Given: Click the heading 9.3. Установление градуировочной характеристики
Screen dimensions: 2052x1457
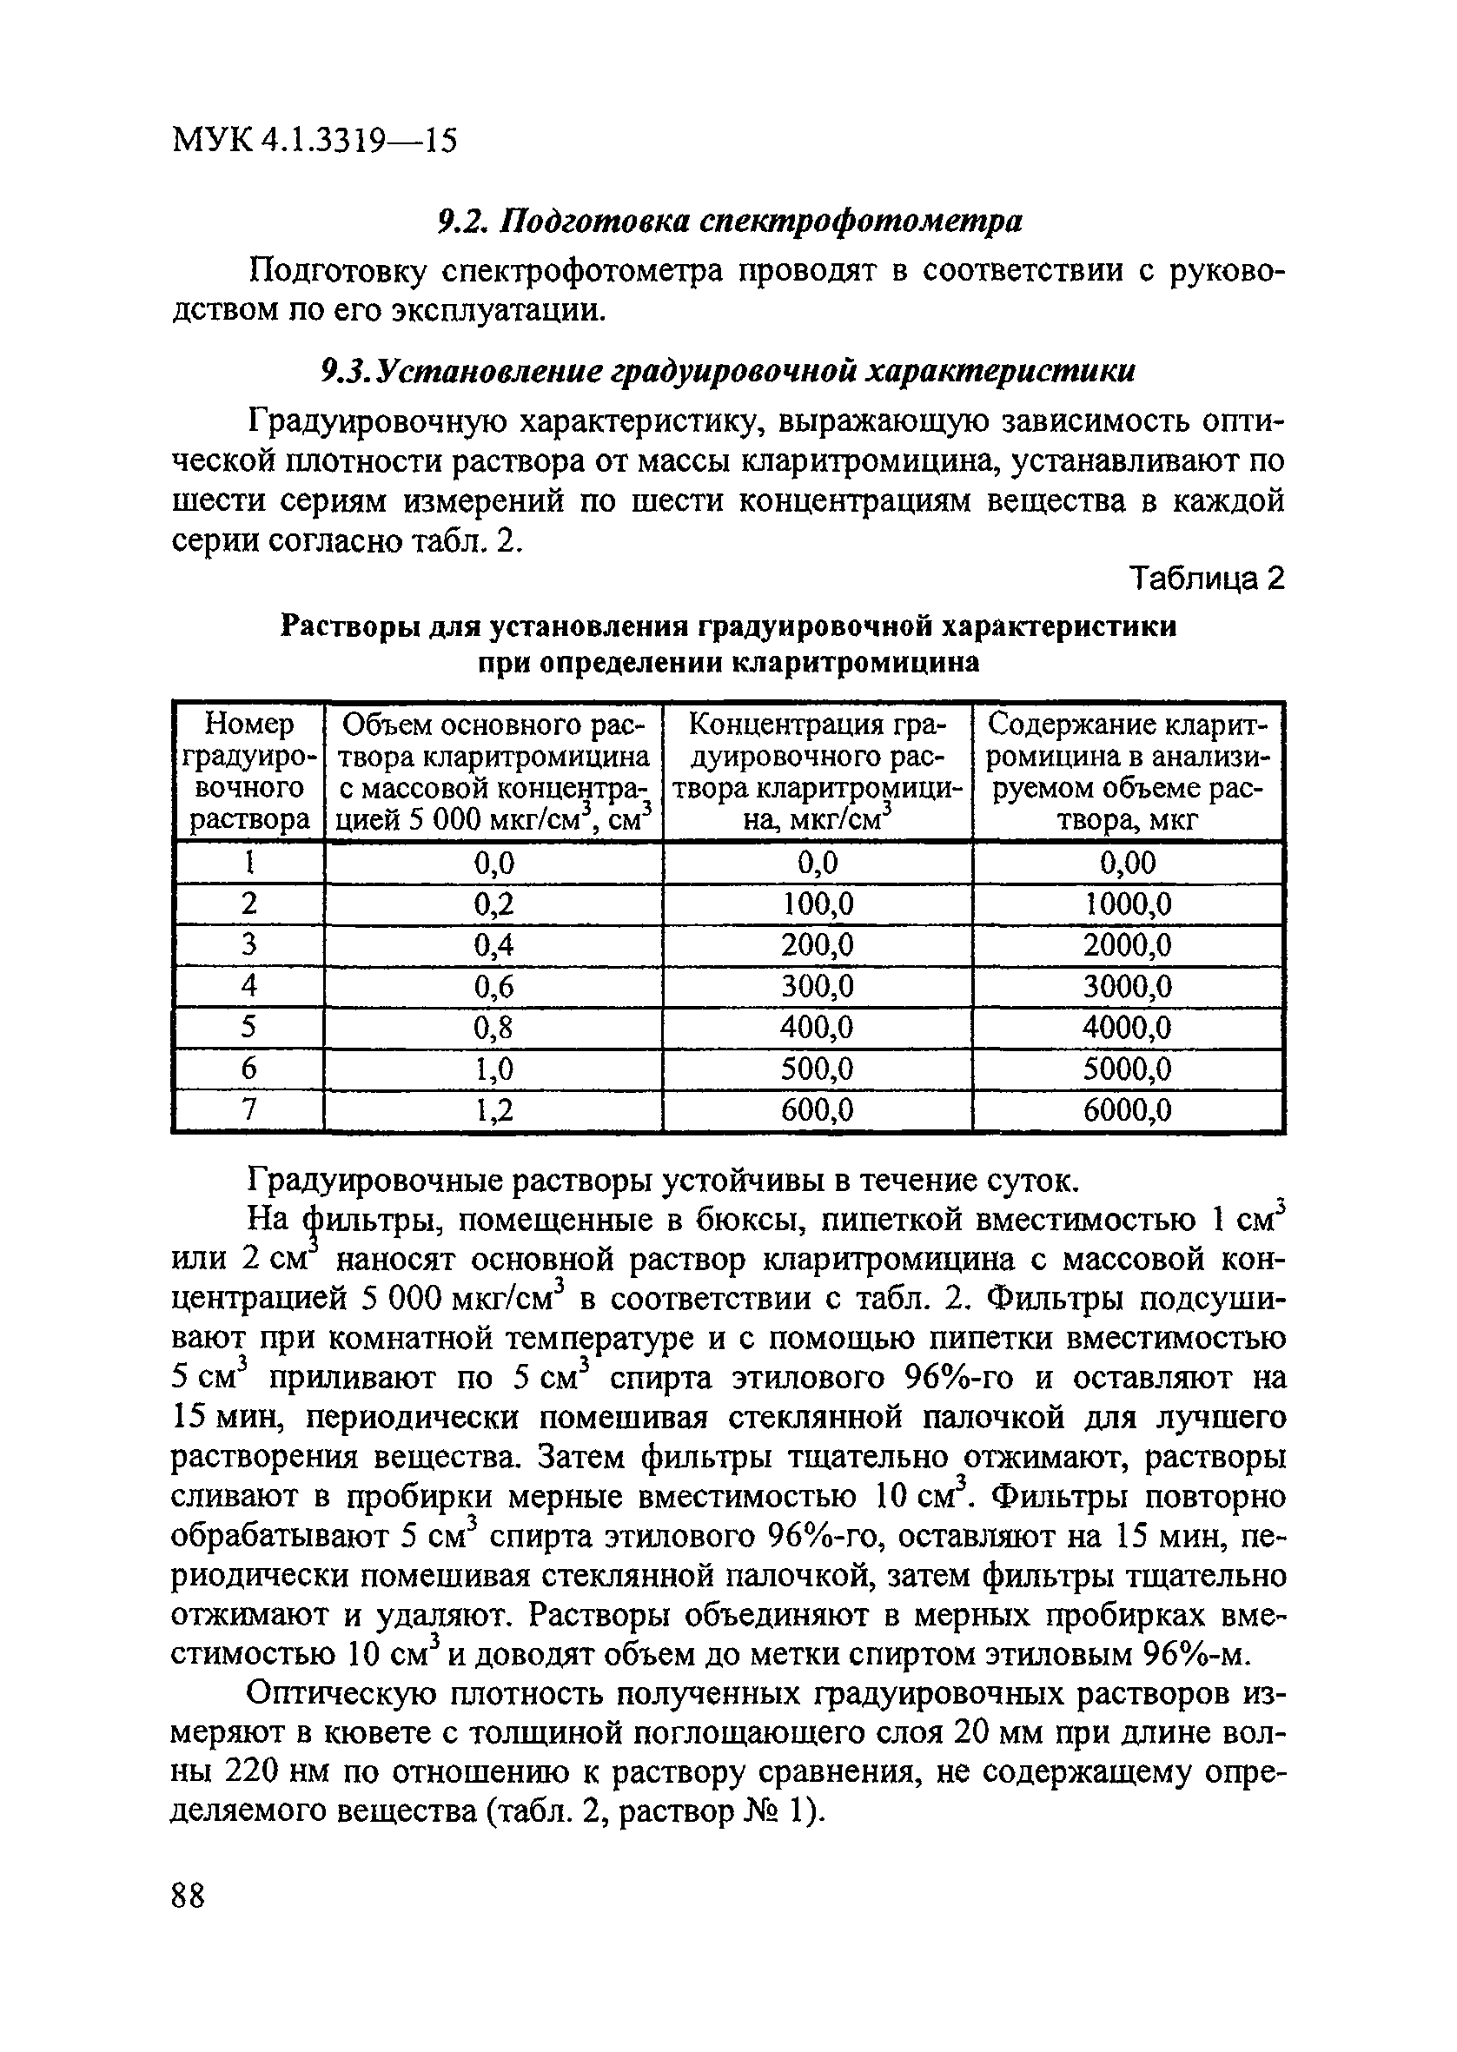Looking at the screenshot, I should [728, 370].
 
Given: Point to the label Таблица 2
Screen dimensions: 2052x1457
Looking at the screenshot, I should [1207, 579].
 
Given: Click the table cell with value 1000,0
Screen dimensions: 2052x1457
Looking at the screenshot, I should [1128, 904].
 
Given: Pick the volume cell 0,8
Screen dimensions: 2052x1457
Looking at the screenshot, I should [493, 1028].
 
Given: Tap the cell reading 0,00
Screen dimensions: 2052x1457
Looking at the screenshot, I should [1128, 863].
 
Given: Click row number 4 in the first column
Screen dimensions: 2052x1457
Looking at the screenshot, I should [248, 987].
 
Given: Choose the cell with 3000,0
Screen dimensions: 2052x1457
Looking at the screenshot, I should [1128, 987].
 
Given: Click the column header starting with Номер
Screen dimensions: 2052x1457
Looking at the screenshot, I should [248, 771].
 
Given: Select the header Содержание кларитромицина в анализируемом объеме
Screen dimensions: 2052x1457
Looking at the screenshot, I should [1128, 771].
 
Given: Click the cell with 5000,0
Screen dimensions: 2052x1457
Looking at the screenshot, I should [1128, 1069].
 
